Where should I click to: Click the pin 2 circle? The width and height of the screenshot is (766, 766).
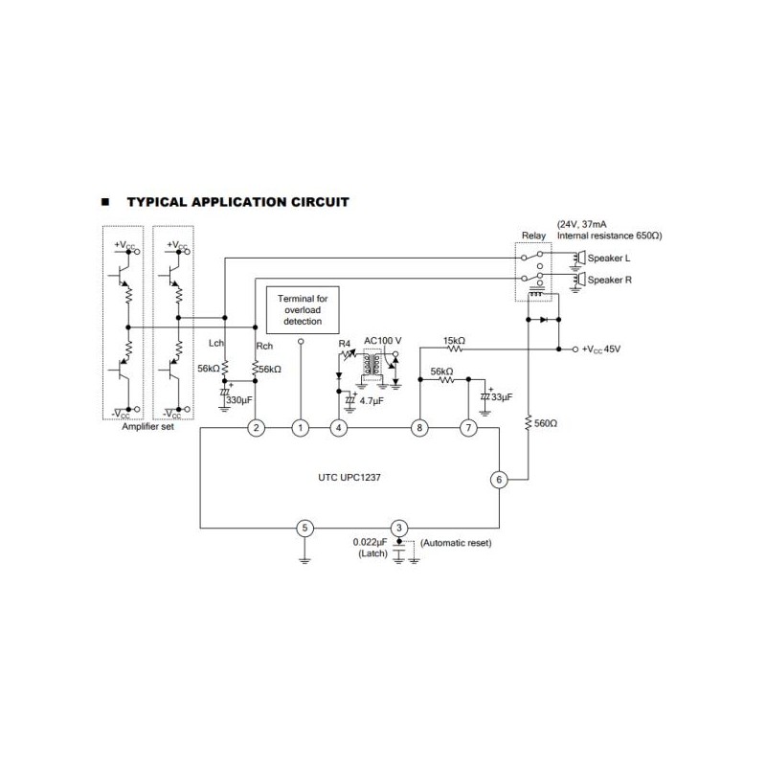click(256, 428)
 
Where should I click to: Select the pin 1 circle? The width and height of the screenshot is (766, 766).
click(302, 428)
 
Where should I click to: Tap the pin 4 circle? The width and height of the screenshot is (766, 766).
click(338, 428)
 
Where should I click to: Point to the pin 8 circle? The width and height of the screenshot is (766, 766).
click(418, 428)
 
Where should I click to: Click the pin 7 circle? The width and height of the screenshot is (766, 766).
click(467, 428)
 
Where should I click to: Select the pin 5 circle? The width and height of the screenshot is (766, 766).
click(304, 528)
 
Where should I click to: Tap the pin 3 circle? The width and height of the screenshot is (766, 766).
click(400, 528)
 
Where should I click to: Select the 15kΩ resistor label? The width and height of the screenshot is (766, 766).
click(455, 340)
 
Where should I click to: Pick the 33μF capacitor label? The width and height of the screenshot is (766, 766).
click(501, 395)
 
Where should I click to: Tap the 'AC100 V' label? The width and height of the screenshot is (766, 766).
click(383, 340)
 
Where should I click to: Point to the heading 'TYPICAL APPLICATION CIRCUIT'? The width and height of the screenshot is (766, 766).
click(237, 202)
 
